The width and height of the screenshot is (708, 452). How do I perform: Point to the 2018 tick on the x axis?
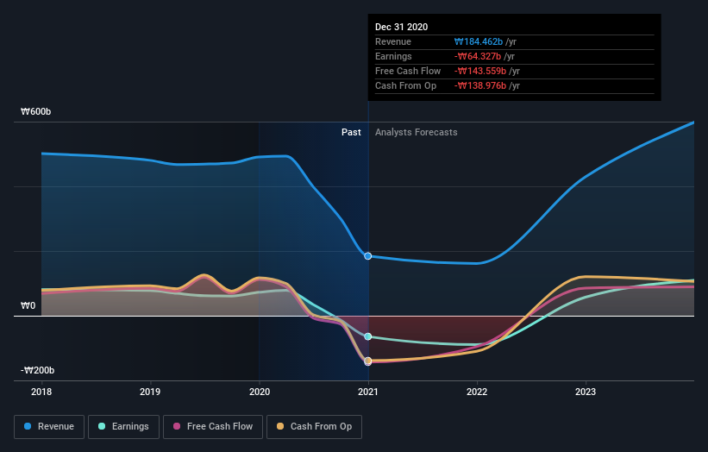coord(41,392)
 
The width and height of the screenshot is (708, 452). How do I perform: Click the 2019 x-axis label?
coord(150,392)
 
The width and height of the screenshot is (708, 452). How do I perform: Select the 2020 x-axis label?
coord(259,392)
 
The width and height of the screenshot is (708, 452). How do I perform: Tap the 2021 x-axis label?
coord(368,392)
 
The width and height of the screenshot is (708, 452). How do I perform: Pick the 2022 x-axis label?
coord(477,392)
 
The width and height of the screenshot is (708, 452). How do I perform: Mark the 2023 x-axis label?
coord(586,392)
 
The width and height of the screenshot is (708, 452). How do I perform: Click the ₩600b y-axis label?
coord(38,112)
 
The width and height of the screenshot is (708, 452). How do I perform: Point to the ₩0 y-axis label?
coord(29,305)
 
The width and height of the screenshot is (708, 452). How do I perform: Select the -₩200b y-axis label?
coord(38,370)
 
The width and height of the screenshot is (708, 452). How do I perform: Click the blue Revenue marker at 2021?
coord(368,256)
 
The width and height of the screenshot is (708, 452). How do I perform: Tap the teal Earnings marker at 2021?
coord(368,336)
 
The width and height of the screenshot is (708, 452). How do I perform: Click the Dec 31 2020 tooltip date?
coord(401,28)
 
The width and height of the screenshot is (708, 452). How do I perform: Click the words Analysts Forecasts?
coord(416,132)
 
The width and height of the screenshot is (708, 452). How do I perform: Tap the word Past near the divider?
coord(351,132)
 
